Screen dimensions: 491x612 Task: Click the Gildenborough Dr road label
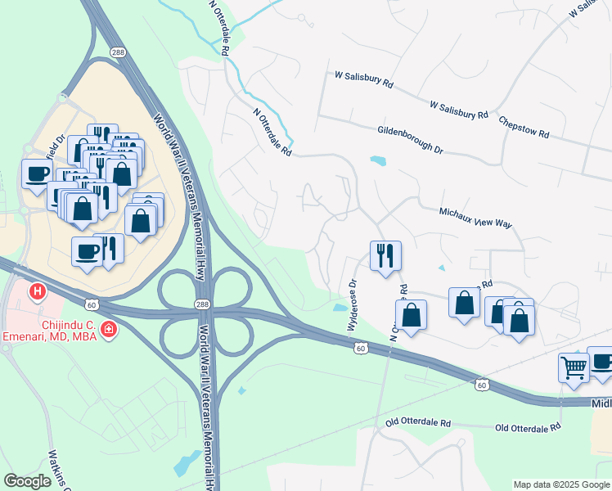(x=410, y=140)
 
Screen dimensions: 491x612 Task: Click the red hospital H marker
(x=37, y=291)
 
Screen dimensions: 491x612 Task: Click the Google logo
(x=28, y=481)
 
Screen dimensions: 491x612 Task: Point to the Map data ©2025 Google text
(x=560, y=484)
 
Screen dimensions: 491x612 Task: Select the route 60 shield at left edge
(x=91, y=305)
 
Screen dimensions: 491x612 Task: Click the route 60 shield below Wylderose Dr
(x=361, y=349)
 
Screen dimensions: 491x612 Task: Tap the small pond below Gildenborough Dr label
(x=377, y=160)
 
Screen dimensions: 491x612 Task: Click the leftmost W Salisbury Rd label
(x=364, y=79)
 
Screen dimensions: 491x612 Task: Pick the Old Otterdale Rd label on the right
(x=528, y=428)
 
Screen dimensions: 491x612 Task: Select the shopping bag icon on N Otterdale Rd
(x=411, y=314)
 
